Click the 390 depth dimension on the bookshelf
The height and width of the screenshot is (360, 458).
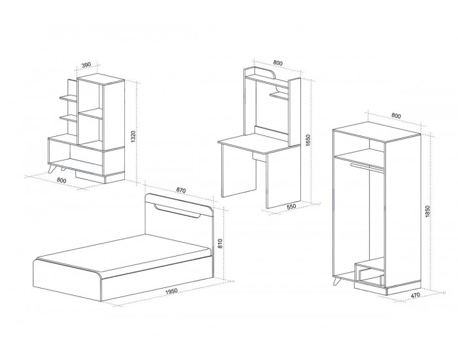86,65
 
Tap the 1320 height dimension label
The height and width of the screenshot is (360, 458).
133,136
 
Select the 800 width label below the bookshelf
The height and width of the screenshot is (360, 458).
62,180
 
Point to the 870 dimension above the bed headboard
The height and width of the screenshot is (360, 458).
181,190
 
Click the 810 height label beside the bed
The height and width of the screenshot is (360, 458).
220,244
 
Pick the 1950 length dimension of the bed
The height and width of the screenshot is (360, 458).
171,292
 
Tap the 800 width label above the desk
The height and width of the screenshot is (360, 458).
278,63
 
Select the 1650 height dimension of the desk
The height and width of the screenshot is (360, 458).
308,141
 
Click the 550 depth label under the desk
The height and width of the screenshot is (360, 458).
291,207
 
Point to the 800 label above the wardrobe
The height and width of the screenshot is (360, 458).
396,116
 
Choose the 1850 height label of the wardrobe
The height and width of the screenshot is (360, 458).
428,211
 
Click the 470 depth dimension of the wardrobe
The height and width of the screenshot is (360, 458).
415,295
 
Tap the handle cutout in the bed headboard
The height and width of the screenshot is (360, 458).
177,211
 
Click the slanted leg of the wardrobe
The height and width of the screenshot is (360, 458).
336,281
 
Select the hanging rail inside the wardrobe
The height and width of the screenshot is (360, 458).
367,168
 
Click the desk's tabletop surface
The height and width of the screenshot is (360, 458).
259,144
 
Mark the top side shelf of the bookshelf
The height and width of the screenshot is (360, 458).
69,99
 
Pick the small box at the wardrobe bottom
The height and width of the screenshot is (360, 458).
370,273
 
